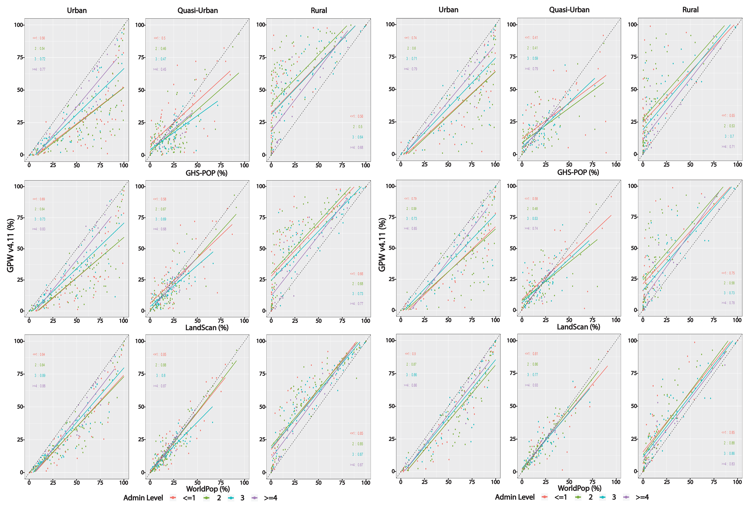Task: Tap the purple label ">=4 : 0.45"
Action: [160, 69]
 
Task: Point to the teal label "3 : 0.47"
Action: [160, 59]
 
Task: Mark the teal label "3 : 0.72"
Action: [40, 59]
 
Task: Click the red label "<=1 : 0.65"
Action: [728, 115]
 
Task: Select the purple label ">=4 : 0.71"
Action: [728, 146]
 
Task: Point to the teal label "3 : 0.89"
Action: [40, 375]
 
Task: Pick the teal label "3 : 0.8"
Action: [160, 375]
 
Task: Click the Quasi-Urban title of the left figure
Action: [198, 10]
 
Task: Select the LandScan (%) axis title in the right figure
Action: [578, 327]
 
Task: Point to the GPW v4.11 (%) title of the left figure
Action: [11, 245]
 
